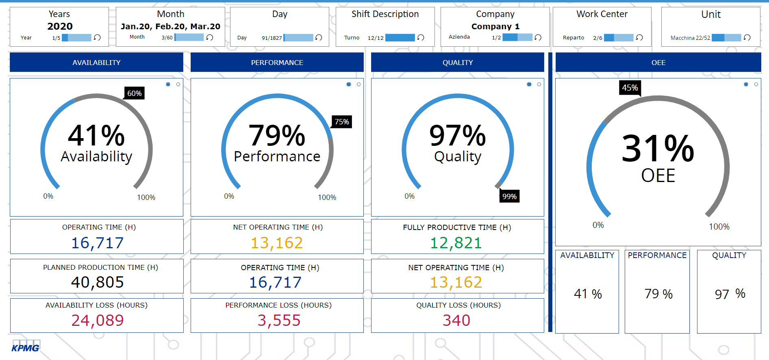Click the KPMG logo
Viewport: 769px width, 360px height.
click(x=25, y=347)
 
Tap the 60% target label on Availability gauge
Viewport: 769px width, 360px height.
click(x=135, y=93)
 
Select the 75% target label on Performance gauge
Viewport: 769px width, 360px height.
click(x=342, y=122)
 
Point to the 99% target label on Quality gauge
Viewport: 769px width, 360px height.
click(x=509, y=197)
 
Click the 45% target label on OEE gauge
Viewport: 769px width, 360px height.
click(x=630, y=88)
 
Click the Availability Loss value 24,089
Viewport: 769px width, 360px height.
click(x=98, y=321)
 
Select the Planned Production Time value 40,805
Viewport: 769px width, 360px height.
click(x=98, y=282)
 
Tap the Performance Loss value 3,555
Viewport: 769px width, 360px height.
click(x=279, y=321)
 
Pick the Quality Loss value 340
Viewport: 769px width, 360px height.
click(x=456, y=321)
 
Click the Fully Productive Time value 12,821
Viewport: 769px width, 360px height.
click(x=456, y=243)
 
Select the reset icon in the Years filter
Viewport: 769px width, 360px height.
click(x=97, y=37)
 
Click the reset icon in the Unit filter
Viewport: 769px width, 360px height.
click(x=747, y=37)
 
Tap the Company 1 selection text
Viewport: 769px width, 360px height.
click(x=495, y=26)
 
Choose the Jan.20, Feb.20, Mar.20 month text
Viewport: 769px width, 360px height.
click(x=170, y=26)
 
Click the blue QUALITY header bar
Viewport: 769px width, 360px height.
click(x=457, y=63)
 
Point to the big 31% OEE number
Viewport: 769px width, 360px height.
click(x=658, y=149)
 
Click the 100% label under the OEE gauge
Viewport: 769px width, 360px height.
click(x=719, y=227)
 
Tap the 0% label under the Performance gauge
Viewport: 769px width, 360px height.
click(x=229, y=196)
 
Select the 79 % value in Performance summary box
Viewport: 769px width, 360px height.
click(x=658, y=294)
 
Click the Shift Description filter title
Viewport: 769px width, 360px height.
click(x=385, y=14)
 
